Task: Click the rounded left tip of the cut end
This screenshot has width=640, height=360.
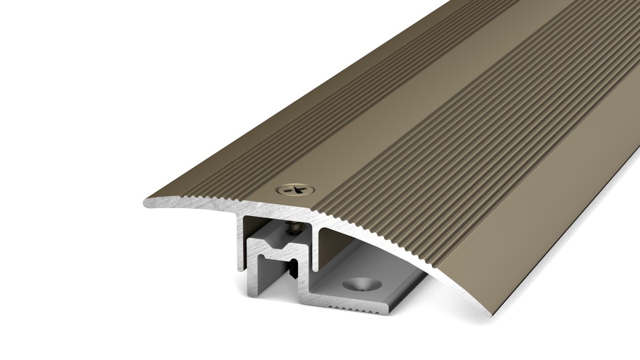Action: [146, 203]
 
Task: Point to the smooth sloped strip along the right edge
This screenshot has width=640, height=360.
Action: [560, 213]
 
